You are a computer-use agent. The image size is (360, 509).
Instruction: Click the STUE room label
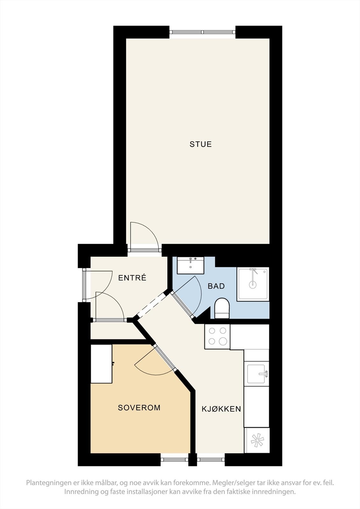pyautogui.click(x=201, y=144)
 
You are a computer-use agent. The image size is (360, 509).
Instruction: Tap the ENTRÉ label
pyautogui.click(x=132, y=278)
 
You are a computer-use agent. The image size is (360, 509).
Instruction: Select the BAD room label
pyautogui.click(x=216, y=286)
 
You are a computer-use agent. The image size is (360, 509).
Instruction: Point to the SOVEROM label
pyautogui.click(x=139, y=408)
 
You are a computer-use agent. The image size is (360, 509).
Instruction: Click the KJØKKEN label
pyautogui.click(x=221, y=409)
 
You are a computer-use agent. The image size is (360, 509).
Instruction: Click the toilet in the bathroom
pyautogui.click(x=222, y=308)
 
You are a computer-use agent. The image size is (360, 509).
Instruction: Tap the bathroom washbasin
pyautogui.click(x=191, y=265)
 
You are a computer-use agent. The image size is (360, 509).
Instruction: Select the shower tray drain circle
pyautogui.click(x=253, y=284)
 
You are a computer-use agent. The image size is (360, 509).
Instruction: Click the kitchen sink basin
pyautogui.click(x=256, y=374)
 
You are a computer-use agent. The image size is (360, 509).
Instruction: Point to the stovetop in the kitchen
pyautogui.click(x=217, y=337)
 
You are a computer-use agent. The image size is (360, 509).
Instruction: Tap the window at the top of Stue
pyautogui.click(x=202, y=32)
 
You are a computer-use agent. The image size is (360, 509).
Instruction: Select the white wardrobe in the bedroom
pyautogui.click(x=101, y=364)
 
